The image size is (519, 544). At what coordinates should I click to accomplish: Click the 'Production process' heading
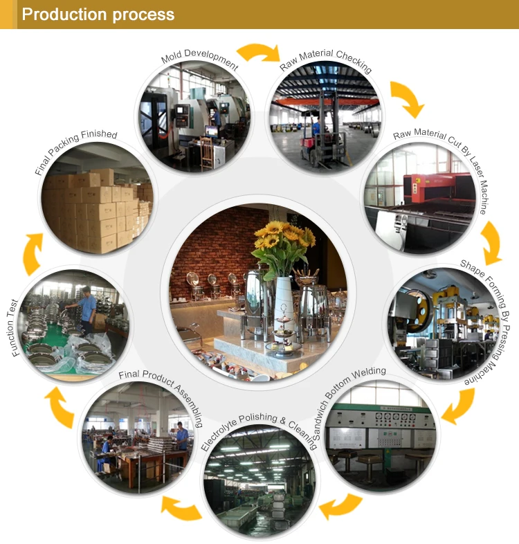(x=98, y=15)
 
